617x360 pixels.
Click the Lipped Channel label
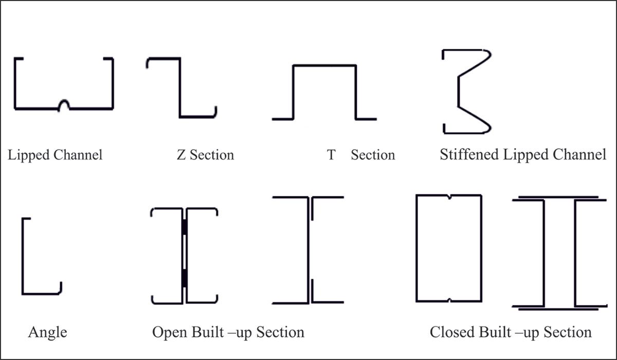point(55,155)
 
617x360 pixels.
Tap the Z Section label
point(205,155)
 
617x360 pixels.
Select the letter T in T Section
point(331,155)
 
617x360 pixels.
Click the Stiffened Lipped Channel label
point(523,155)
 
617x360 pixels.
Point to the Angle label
point(47,332)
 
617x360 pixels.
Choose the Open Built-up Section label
point(228,332)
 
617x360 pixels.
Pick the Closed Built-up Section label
point(511,332)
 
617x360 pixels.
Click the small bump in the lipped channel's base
point(64,104)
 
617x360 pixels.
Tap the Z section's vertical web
point(180,87)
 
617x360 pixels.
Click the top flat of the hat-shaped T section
point(324,65)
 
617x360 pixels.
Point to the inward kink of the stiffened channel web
point(458,90)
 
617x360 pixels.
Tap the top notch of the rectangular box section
point(449,197)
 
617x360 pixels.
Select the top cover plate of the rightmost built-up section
point(558,196)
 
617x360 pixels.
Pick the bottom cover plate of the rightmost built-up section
point(558,310)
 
